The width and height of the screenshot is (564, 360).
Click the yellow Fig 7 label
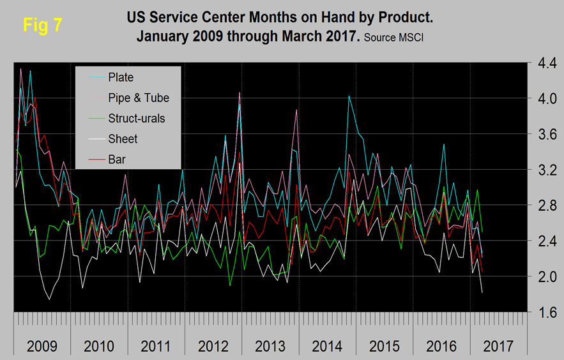42,25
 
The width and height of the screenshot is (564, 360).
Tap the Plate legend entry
121,77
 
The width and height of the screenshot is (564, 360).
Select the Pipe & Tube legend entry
139,98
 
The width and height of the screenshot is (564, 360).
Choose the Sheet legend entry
123,139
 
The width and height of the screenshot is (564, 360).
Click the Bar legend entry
116,159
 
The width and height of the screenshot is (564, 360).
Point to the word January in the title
167,36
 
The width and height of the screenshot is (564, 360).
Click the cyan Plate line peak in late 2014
349,96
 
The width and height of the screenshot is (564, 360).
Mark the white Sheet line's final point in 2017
481,292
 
